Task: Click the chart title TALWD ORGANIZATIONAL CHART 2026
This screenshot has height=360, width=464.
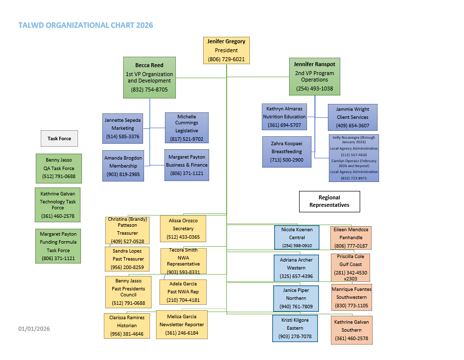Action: pos(85,25)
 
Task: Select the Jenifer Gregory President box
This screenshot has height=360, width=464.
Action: pos(226,50)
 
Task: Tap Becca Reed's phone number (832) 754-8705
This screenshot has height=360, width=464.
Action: pos(150,90)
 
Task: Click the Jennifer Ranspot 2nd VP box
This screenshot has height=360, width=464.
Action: pos(314,76)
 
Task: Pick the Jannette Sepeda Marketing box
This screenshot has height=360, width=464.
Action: pos(122,128)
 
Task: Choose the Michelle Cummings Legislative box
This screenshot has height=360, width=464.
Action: pos(186,128)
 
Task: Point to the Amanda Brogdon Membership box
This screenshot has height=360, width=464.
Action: pos(122,166)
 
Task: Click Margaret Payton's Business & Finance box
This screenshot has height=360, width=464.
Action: pos(187,165)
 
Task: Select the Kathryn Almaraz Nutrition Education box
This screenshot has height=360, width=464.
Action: pos(284,117)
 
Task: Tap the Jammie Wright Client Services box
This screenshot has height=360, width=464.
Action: pos(352,117)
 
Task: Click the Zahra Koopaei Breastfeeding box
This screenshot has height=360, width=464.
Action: pos(287,152)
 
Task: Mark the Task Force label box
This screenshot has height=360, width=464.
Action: pos(59,139)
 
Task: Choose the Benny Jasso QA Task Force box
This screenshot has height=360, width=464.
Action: pos(59,168)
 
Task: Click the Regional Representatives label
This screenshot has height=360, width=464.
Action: pos(329,201)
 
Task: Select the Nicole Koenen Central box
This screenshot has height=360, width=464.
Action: pos(297,238)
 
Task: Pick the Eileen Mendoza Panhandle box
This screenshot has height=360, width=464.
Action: pos(351,238)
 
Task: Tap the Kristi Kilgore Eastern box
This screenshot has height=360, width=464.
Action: pos(295,328)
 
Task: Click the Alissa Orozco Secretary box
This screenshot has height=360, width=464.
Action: pos(183,229)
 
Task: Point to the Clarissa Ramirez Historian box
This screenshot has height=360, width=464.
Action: pos(127,326)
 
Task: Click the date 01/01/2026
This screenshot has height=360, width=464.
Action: pos(34,329)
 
